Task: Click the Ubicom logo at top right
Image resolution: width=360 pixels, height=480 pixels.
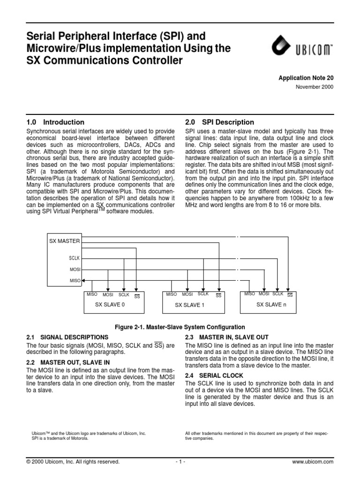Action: (x=302, y=48)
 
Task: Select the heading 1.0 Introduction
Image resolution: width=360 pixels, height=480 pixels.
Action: (x=56, y=122)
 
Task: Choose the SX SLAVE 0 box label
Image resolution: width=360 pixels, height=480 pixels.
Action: (x=110, y=304)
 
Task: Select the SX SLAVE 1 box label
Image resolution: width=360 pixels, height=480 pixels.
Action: (x=190, y=305)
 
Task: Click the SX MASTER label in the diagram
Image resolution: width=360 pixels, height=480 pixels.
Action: (x=65, y=241)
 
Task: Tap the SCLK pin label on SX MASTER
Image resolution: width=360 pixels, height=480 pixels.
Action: (x=75, y=258)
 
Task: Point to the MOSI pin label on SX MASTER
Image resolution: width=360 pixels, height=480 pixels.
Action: (x=75, y=270)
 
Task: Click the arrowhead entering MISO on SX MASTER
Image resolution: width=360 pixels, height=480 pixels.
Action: (x=83, y=281)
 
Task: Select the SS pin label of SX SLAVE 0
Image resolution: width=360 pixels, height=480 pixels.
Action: (x=137, y=296)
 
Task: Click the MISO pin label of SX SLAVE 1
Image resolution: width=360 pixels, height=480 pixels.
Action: (x=171, y=294)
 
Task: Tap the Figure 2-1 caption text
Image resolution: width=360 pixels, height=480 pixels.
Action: (x=180, y=327)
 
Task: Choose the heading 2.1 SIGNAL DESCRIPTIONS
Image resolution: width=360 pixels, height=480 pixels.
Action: (x=67, y=337)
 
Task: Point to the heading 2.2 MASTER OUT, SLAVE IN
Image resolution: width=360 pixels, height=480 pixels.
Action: (x=68, y=362)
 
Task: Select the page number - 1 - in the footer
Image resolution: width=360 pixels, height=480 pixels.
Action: (x=180, y=462)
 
